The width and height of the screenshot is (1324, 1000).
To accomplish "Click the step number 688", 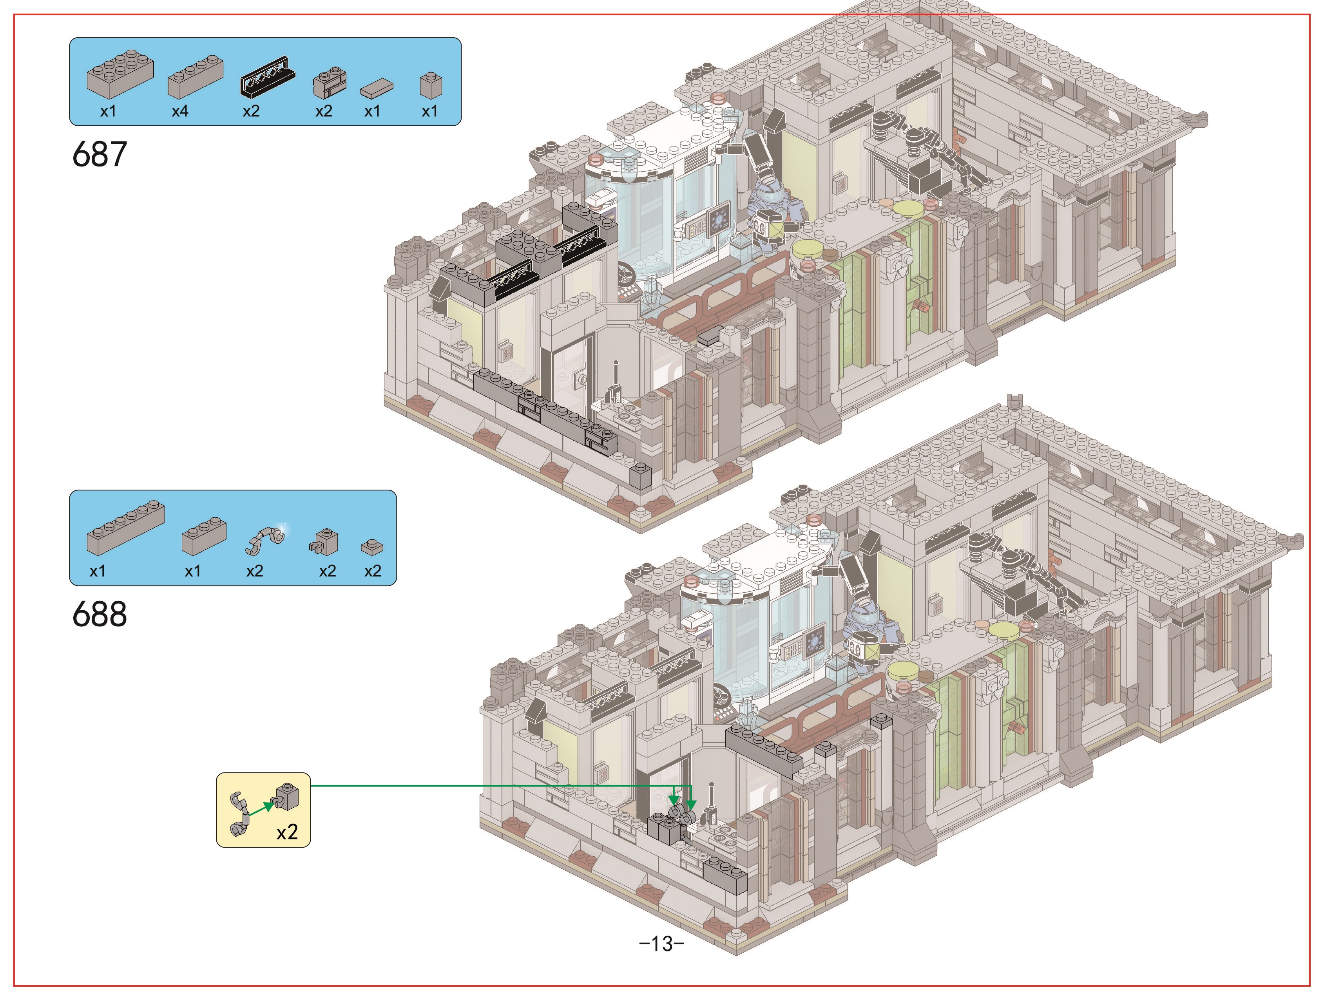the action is tap(100, 614).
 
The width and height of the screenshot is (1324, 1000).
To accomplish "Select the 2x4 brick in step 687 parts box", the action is tap(120, 74).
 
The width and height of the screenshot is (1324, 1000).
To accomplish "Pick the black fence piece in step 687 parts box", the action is tap(267, 76).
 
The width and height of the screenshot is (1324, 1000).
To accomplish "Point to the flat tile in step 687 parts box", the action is tap(377, 89).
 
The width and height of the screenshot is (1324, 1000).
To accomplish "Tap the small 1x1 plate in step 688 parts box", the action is tap(372, 547).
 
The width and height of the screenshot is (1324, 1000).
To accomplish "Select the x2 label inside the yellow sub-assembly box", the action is tap(287, 832).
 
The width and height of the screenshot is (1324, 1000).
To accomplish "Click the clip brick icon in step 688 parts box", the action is tap(325, 542).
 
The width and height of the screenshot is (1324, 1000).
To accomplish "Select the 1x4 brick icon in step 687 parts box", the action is tap(195, 77).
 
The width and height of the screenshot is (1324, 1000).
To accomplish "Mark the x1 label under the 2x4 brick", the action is tap(108, 111).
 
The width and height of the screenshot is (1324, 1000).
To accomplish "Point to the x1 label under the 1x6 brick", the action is tap(98, 571).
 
